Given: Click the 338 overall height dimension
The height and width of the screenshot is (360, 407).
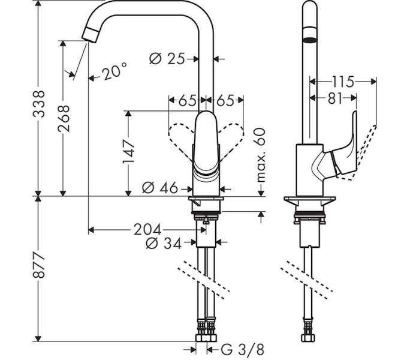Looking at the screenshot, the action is [x=39, y=103].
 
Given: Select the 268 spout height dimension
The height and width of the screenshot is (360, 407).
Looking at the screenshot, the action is [x=64, y=118].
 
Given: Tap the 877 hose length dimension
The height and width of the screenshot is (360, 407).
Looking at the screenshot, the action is [x=39, y=265].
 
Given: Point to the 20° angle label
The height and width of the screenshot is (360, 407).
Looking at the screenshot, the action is [x=114, y=71].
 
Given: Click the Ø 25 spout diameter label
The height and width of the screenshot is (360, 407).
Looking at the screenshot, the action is [x=167, y=59].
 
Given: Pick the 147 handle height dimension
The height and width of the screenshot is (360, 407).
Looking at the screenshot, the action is [x=129, y=152].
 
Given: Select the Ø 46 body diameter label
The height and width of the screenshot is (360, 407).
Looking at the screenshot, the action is [x=160, y=188].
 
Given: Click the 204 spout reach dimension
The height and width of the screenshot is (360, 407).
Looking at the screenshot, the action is [x=147, y=230].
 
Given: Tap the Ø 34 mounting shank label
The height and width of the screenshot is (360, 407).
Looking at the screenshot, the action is [x=164, y=243].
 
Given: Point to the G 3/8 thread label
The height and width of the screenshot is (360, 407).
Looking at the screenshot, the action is [x=243, y=349].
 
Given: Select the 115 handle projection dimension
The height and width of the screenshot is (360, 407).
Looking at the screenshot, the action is [x=343, y=82].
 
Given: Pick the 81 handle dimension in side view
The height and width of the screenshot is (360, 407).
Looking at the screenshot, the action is [x=334, y=98].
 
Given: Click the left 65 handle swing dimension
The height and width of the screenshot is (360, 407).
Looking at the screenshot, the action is [x=187, y=100].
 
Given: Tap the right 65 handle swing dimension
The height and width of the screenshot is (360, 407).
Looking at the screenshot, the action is [x=225, y=100].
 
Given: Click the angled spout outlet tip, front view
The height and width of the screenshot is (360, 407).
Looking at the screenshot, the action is [x=90, y=35].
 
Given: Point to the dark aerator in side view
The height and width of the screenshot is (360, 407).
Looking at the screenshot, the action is [x=310, y=40].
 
